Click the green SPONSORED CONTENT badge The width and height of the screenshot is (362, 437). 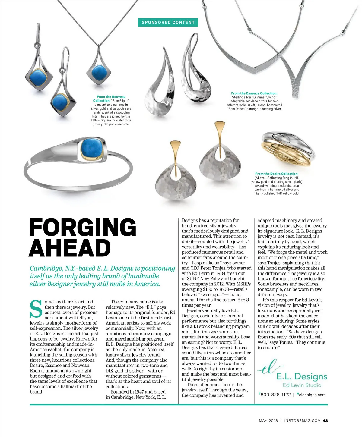[x=168, y=22]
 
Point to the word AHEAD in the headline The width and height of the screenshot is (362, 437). [x=70, y=248]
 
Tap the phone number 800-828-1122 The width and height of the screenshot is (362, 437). [x=275, y=395]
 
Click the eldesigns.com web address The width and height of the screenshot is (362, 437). [x=312, y=395]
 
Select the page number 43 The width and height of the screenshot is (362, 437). [x=325, y=420]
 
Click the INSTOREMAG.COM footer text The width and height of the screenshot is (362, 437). [x=302, y=420]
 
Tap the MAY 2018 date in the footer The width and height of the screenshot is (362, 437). [x=268, y=420]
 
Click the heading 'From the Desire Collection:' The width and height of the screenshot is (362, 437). [x=277, y=174]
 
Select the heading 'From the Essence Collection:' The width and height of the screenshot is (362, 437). [x=254, y=93]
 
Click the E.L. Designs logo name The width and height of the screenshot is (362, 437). [x=302, y=376]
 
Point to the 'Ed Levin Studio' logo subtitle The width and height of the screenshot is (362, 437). [x=302, y=385]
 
